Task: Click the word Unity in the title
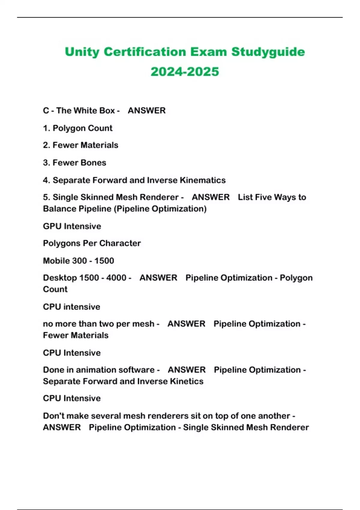pyautogui.click(x=82, y=52)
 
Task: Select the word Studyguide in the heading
pyautogui.click(x=268, y=52)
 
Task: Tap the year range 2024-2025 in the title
pyautogui.click(x=185, y=72)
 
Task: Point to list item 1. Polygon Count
pyautogui.click(x=78, y=128)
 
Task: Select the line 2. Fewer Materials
pyautogui.click(x=80, y=145)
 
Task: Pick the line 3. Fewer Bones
pyautogui.click(x=74, y=163)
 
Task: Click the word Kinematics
pyautogui.click(x=202, y=180)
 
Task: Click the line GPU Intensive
pyautogui.click(x=72, y=226)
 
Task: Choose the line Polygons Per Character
pyautogui.click(x=92, y=243)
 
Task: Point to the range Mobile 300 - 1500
pyautogui.click(x=78, y=261)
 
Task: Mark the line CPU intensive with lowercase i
pyautogui.click(x=71, y=307)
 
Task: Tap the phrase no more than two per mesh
pyautogui.click(x=98, y=324)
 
